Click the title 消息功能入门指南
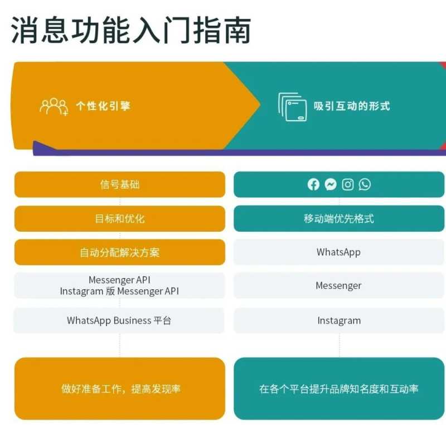coord(131,30)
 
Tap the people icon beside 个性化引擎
coord(54,106)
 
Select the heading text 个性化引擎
coord(103,106)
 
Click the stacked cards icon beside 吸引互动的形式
coord(293,107)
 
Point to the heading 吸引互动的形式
coord(352,106)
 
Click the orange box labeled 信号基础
coord(120,184)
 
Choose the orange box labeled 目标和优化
coord(120,218)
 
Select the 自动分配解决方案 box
coord(120,252)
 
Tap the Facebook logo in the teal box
coord(314,184)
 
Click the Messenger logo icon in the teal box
coord(331,184)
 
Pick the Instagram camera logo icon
coord(348,184)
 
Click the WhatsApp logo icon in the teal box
coord(365,184)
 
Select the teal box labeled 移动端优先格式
coord(339,218)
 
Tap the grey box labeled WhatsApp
coord(339,252)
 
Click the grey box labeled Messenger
coord(339,286)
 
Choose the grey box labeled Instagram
coord(339,321)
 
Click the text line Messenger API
coord(119,280)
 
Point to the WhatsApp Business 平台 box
coord(119,321)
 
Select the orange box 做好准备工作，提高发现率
coord(120,389)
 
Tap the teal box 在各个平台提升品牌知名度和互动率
coord(339,389)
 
